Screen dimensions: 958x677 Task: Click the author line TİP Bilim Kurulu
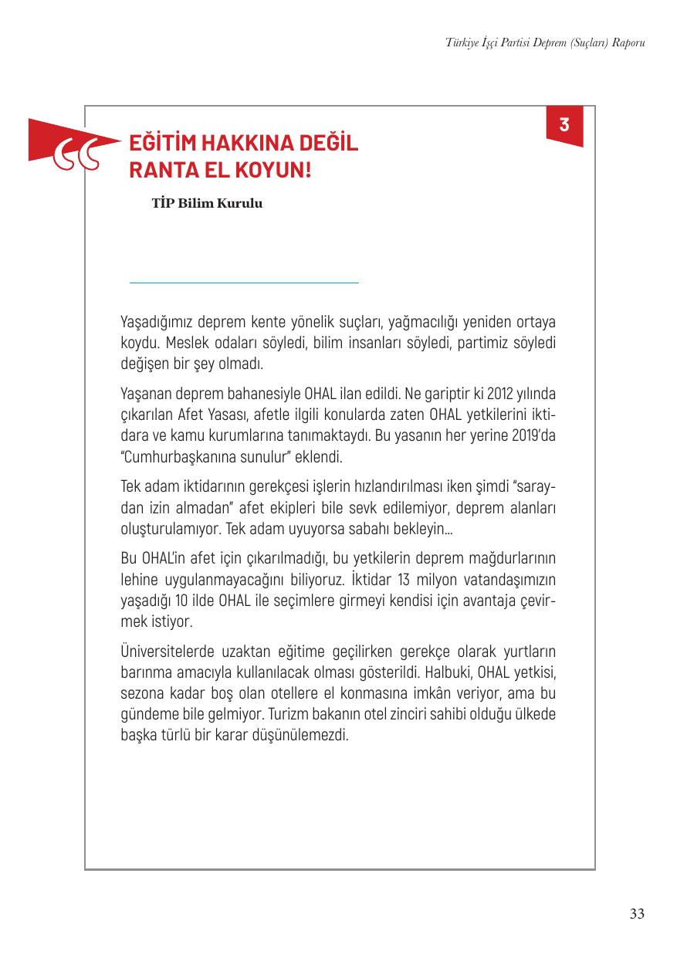(x=208, y=205)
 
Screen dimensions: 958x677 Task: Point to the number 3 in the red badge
(x=564, y=124)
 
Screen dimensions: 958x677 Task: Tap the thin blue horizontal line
(x=244, y=283)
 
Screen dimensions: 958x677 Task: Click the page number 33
(x=637, y=915)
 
